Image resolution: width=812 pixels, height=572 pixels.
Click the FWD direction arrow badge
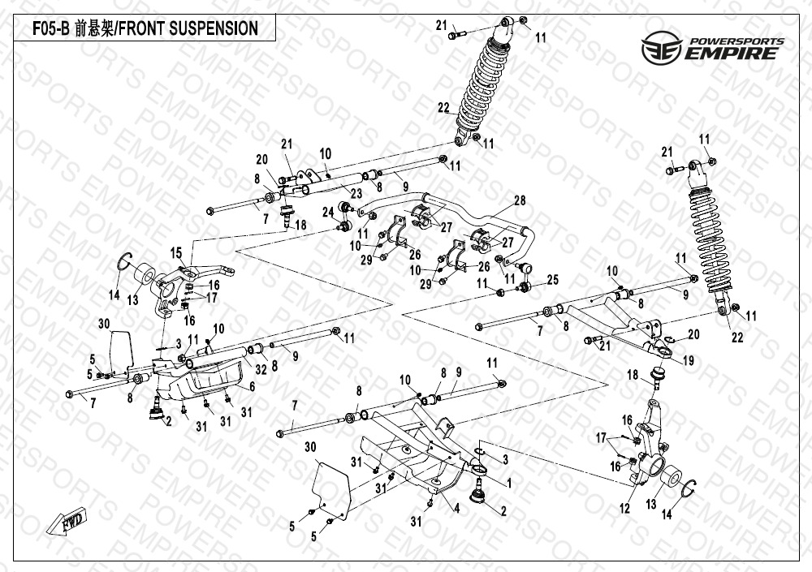point(71,525)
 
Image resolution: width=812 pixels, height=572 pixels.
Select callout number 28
point(520,200)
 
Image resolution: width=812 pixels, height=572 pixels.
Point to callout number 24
point(328,213)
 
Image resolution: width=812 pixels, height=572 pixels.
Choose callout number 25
point(553,280)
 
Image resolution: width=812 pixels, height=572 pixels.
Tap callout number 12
point(624,509)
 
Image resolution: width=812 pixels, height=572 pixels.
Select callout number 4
point(457,508)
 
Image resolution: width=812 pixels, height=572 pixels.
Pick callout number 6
point(252,388)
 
